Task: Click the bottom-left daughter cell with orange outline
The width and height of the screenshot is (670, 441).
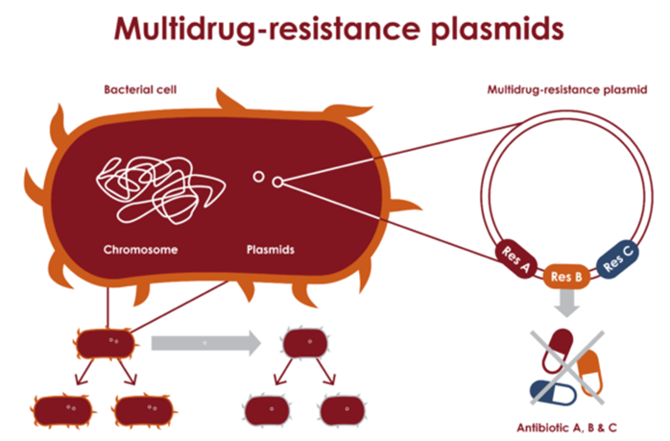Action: [64, 409]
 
